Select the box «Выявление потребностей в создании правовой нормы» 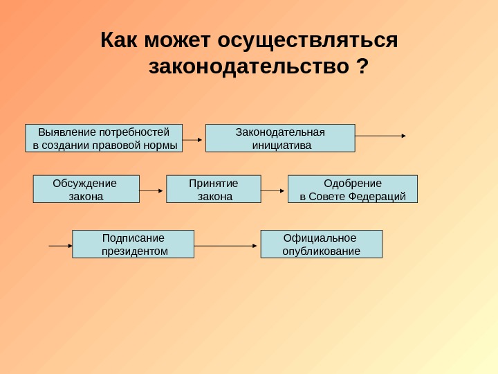104,138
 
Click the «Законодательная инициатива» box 280,138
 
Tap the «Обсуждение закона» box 86,189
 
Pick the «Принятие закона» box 214,189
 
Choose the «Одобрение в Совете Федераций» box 352,189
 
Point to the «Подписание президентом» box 133,244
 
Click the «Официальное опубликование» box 321,244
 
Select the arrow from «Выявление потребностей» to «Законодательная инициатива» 194,139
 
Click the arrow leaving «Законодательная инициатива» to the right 380,136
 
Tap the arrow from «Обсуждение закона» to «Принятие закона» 152,190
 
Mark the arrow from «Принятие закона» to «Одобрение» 273,190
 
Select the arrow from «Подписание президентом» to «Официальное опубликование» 226,245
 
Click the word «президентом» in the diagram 134,251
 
